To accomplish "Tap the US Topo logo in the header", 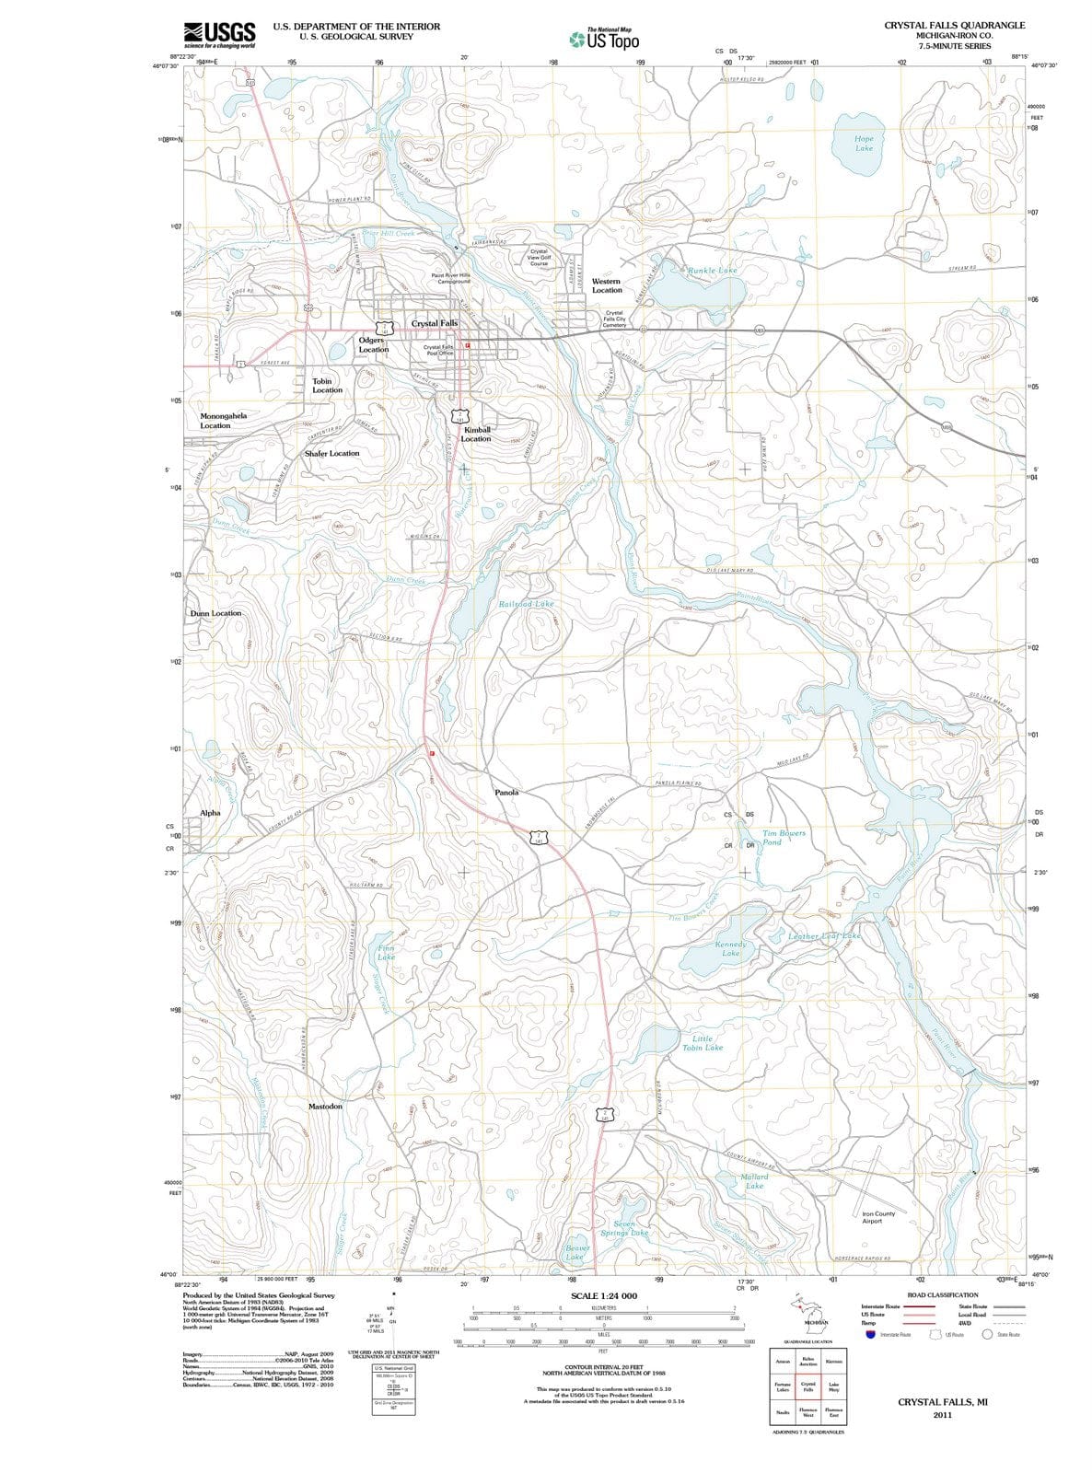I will (x=604, y=40).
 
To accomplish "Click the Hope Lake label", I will (x=864, y=144).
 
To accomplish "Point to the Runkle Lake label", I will (x=712, y=271).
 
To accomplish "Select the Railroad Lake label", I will (x=526, y=604).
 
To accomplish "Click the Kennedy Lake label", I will (x=730, y=949).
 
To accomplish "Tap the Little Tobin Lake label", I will (x=703, y=1043).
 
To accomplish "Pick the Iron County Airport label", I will (x=878, y=1217).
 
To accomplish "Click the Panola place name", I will (x=506, y=792).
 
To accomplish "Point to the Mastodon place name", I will (x=325, y=1106).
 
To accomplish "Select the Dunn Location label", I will (x=215, y=613).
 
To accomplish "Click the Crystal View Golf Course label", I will (x=540, y=257).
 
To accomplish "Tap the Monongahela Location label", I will (x=223, y=421).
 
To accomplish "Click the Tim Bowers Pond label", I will (x=783, y=838).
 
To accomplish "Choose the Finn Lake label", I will (x=387, y=952).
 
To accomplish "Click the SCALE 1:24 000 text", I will (x=604, y=1295).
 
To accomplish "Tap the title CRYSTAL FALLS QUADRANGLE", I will (x=954, y=25).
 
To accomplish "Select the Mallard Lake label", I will (x=753, y=1181).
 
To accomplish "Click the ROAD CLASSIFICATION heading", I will (x=943, y=1294).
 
